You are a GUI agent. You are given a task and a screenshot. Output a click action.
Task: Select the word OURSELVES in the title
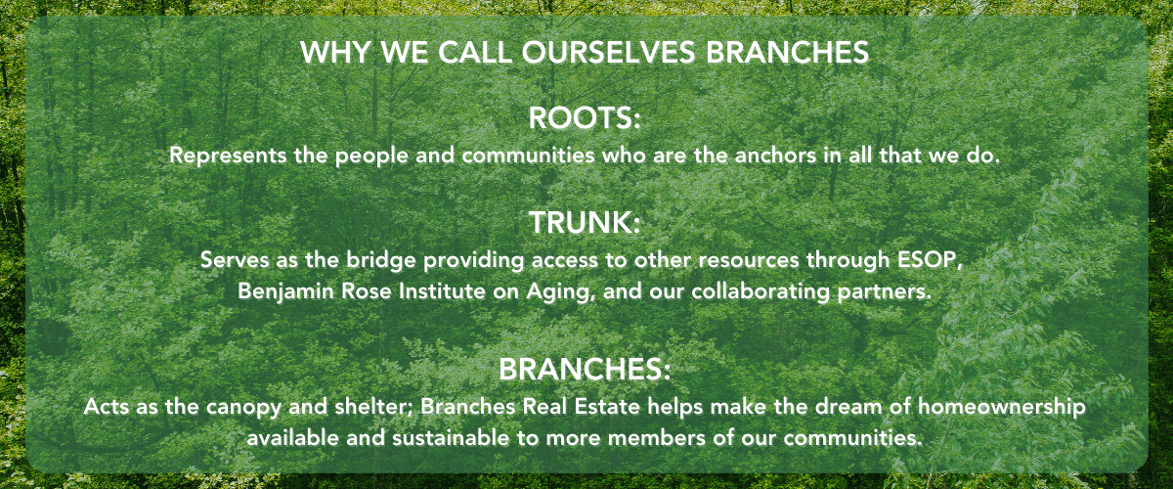(x=608, y=52)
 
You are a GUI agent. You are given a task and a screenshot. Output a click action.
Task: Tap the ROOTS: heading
(x=585, y=118)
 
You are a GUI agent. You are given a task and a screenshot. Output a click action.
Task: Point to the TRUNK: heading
(x=585, y=222)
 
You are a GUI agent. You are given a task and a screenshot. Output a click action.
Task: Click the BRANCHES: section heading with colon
(x=585, y=369)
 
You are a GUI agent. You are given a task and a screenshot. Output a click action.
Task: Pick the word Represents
(x=228, y=156)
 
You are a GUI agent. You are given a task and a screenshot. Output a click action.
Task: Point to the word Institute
(x=442, y=290)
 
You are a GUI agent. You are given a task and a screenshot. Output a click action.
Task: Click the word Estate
(x=607, y=406)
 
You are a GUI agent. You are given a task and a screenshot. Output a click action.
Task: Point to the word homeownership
(x=1002, y=407)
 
